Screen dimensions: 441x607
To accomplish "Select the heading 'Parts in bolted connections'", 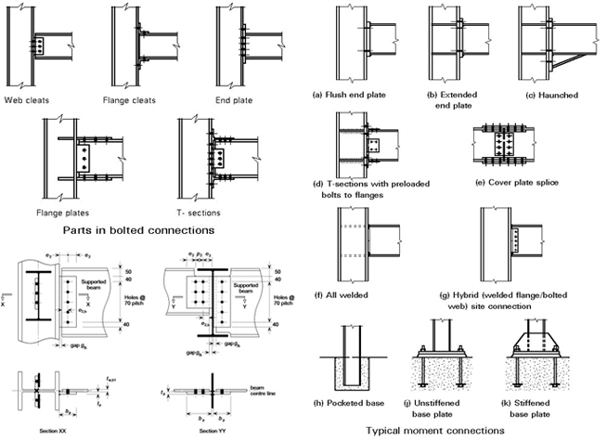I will click(x=142, y=229).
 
